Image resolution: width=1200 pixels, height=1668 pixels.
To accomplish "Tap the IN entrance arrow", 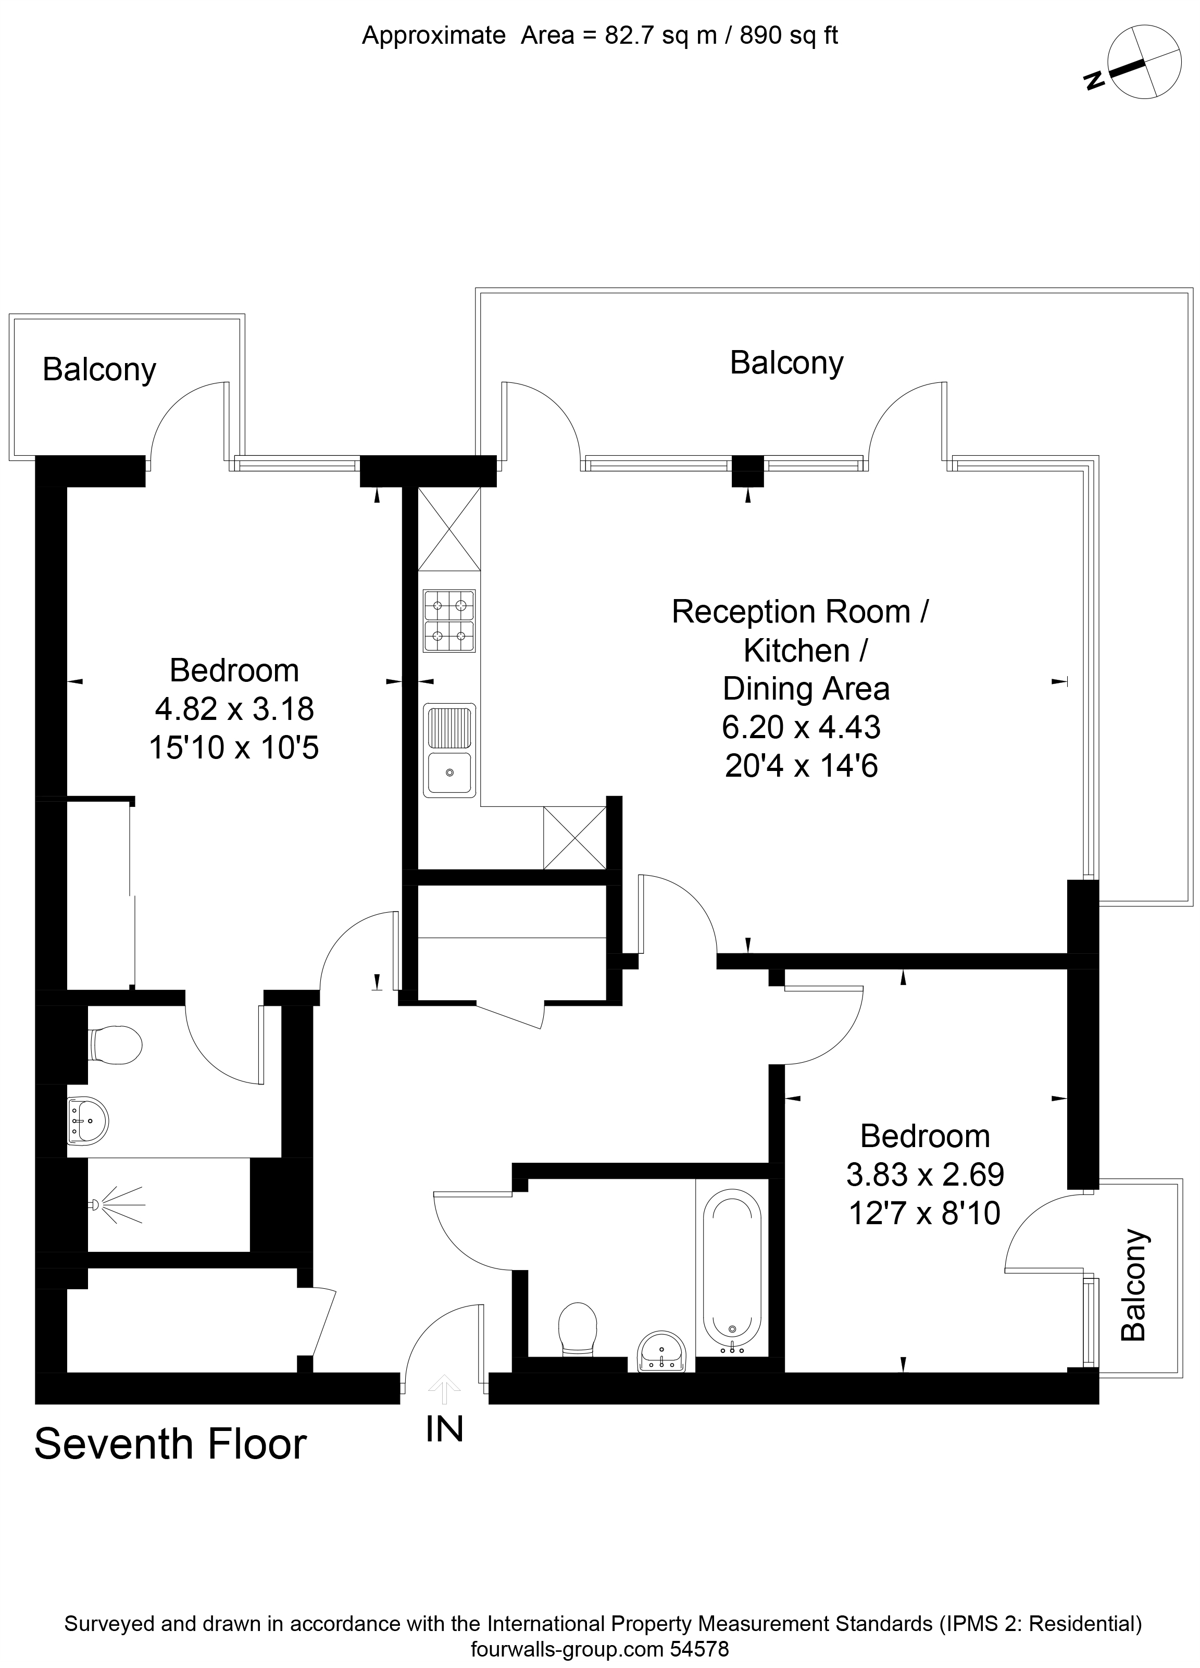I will tap(445, 1389).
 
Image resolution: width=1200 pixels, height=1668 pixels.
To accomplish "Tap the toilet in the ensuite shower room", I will tap(116, 1045).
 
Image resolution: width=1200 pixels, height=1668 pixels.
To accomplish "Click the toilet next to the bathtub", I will tap(578, 1327).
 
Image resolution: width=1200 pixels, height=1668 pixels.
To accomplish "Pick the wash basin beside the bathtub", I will tap(662, 1351).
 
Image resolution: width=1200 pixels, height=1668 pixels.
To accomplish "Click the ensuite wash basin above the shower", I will tap(87, 1122).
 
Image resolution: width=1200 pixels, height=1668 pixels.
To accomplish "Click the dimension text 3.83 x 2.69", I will tap(924, 1175).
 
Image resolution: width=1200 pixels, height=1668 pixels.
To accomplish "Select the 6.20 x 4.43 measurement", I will tap(801, 727).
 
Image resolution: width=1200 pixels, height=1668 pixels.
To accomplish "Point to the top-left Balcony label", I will tap(99, 369).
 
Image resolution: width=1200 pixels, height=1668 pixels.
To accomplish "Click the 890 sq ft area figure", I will tap(788, 35).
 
